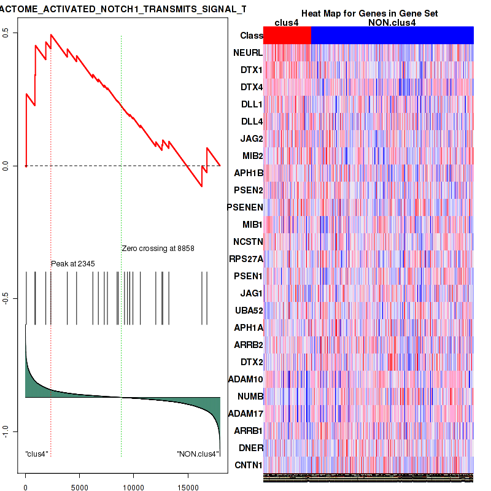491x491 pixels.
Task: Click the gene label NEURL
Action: pos(248,53)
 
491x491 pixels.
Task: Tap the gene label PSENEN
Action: pos(245,207)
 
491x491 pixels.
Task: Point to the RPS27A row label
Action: pos(246,258)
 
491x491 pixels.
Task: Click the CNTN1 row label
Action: pos(248,465)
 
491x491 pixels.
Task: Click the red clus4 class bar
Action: pos(287,36)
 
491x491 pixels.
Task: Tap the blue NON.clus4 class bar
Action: pos(393,36)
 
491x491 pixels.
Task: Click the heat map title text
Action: pos(369,14)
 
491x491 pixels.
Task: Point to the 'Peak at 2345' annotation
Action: pos(72,263)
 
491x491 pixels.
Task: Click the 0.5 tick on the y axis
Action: pos(13,33)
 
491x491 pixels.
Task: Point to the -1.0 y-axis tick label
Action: pos(13,431)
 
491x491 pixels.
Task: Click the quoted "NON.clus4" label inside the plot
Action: pos(198,454)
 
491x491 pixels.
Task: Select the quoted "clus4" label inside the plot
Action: pos(37,454)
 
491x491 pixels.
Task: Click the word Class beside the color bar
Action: pos(252,36)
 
